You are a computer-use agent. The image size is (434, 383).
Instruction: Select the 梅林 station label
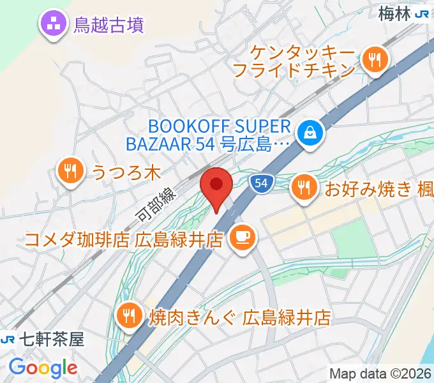(393, 13)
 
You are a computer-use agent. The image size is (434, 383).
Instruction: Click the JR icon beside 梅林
(422, 13)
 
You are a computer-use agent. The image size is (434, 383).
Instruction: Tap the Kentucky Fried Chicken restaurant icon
(373, 60)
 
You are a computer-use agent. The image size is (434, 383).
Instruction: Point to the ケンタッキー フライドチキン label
(294, 60)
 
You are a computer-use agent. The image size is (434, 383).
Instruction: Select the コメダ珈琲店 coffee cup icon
(242, 239)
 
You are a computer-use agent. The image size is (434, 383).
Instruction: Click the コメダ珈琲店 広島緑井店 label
(123, 240)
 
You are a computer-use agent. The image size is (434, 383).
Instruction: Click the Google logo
(43, 367)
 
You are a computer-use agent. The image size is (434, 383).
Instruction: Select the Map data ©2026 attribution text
(379, 373)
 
